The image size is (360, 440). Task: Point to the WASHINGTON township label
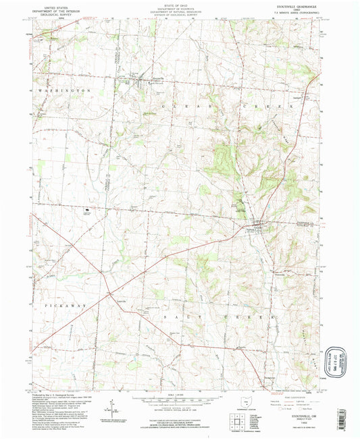click(x=64, y=90)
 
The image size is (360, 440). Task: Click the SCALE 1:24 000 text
click(x=180, y=394)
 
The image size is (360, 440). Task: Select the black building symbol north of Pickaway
click(x=88, y=212)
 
